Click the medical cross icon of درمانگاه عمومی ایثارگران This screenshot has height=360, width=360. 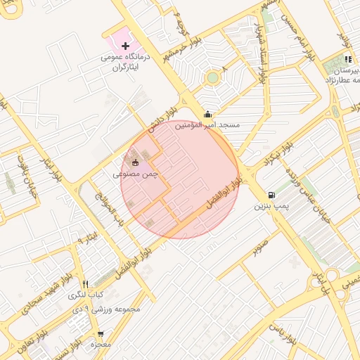pyautogui.click(x=125, y=46)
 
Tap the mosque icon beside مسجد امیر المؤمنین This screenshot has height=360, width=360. pyautogui.click(x=207, y=115)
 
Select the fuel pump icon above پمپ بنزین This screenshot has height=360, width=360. pyautogui.click(x=271, y=195)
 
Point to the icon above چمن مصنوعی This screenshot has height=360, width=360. pyautogui.click(x=136, y=162)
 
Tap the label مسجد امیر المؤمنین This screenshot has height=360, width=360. pyautogui.click(x=207, y=124)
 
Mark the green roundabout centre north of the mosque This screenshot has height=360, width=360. pyautogui.click(x=212, y=77)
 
